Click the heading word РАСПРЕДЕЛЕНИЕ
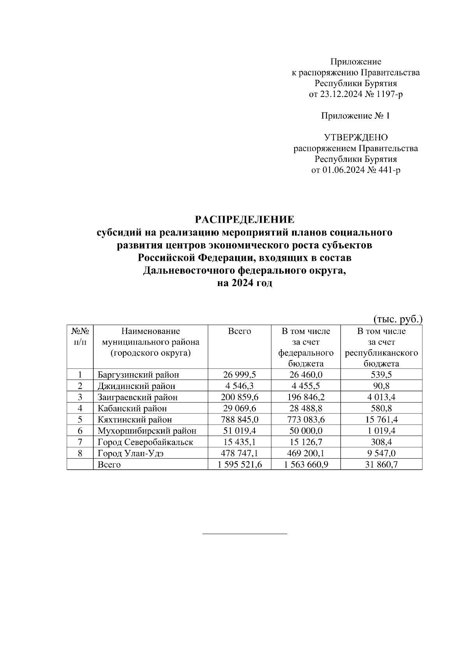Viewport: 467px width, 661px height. pos(244,220)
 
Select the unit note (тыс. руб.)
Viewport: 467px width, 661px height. pos(398,320)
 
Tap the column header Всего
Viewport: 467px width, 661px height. pos(239,331)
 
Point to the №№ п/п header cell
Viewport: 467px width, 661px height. pos(80,336)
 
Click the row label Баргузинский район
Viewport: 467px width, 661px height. pos(138,375)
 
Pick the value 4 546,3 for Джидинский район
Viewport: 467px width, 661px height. pos(239,386)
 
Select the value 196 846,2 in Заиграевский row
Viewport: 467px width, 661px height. pos(306,397)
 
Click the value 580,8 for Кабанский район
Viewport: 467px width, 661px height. pos(381,408)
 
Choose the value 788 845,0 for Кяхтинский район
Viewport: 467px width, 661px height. pos(239,420)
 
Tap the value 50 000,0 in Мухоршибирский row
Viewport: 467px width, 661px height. pos(306,431)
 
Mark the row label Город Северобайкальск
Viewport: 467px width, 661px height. pos(145,442)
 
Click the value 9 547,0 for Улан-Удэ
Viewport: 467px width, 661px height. pos(381,453)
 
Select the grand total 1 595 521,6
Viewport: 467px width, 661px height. pos(239,464)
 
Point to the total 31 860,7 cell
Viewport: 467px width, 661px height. pos(381,464)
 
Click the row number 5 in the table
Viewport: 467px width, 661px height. pos(80,420)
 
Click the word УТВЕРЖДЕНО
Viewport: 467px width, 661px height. pos(356,137)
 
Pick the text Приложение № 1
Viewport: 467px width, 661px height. pos(356,116)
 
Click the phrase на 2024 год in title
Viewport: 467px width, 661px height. pos(244,283)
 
